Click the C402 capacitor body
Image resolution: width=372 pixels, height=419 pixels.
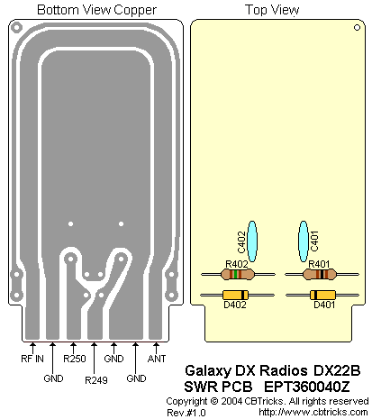pos(252,241)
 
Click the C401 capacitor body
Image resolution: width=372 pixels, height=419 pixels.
pos(304,241)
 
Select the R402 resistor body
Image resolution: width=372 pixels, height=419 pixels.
pos(237,274)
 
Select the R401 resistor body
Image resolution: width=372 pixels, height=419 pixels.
pos(320,274)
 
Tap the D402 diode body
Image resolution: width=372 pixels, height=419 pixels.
pos(235,295)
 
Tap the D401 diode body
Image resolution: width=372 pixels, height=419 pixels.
pos(322,295)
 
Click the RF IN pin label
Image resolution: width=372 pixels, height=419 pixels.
pos(32,359)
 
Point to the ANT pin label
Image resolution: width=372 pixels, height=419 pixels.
pos(157,359)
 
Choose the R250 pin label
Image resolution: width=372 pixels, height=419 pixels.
pos(75,359)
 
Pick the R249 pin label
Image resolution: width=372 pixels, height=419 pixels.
pos(96,380)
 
